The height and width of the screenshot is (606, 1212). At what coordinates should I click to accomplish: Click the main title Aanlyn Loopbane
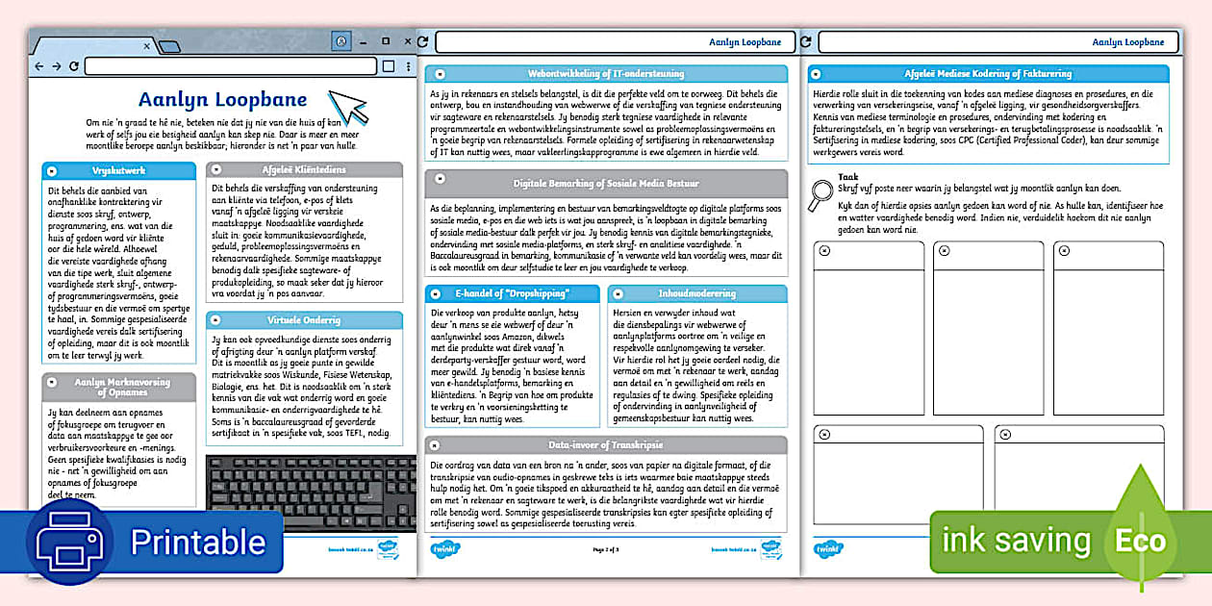click(x=222, y=100)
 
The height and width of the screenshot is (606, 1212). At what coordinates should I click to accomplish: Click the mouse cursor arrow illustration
click(x=347, y=106)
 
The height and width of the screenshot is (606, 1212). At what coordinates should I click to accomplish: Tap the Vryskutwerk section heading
click(x=118, y=170)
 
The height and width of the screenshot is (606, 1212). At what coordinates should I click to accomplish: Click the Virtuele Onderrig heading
click(x=304, y=319)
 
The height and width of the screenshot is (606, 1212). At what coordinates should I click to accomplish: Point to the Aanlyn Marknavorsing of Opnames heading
click(x=122, y=387)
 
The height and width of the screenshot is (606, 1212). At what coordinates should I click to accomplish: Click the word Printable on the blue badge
click(x=197, y=543)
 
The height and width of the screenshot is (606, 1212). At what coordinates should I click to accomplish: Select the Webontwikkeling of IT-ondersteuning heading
click(x=606, y=74)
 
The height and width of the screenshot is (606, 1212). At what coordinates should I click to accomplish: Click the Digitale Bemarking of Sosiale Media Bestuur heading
click(x=606, y=183)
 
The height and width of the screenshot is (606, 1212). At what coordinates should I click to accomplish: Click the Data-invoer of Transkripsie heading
click(x=606, y=445)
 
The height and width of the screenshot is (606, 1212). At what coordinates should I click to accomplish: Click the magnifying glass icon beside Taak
click(x=821, y=193)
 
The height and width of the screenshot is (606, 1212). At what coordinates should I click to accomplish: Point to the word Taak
click(x=847, y=177)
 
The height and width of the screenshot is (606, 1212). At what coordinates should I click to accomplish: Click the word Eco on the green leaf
click(x=1140, y=541)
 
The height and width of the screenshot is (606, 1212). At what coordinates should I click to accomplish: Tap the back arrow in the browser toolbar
click(x=39, y=66)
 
